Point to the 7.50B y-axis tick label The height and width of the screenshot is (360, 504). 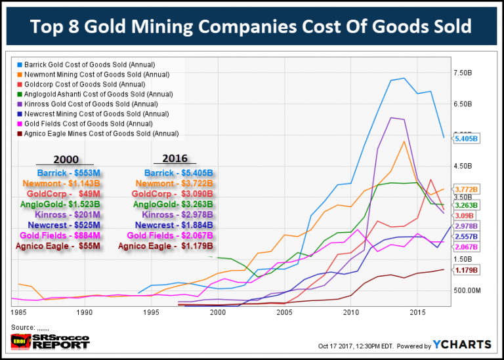(464, 72)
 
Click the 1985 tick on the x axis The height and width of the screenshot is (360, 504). (18, 313)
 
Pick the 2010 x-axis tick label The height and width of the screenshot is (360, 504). (351, 313)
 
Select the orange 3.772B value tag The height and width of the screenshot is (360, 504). (467, 189)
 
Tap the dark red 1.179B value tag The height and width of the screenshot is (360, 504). (467, 270)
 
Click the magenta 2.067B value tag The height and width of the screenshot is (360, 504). (467, 246)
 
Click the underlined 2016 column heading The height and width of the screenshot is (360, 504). (173, 159)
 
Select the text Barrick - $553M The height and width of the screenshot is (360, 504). (67, 172)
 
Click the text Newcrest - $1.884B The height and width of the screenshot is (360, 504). (173, 225)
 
